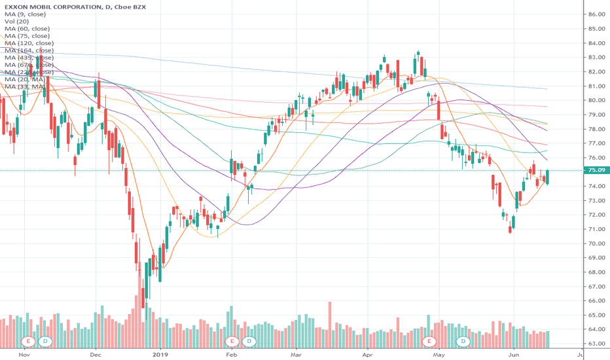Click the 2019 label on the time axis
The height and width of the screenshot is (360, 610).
point(161,354)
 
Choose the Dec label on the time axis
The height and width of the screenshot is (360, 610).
point(95,354)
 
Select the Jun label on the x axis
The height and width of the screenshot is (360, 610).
point(512,354)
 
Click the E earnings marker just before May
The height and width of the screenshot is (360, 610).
point(429,341)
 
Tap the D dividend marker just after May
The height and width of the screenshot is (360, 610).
point(463,341)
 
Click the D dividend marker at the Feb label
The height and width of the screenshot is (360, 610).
point(249,341)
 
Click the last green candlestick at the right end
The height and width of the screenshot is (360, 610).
point(547,177)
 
